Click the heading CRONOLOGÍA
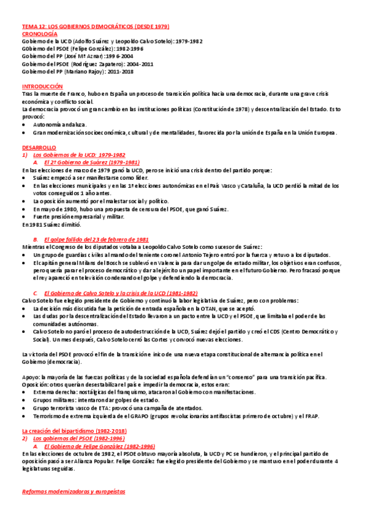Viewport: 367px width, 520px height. point(40,34)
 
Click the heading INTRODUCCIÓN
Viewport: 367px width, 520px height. point(42,86)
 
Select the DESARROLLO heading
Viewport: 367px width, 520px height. point(39,147)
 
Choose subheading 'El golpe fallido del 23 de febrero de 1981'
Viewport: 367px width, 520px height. point(96,239)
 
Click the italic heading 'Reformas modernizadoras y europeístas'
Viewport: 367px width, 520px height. point(74,491)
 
